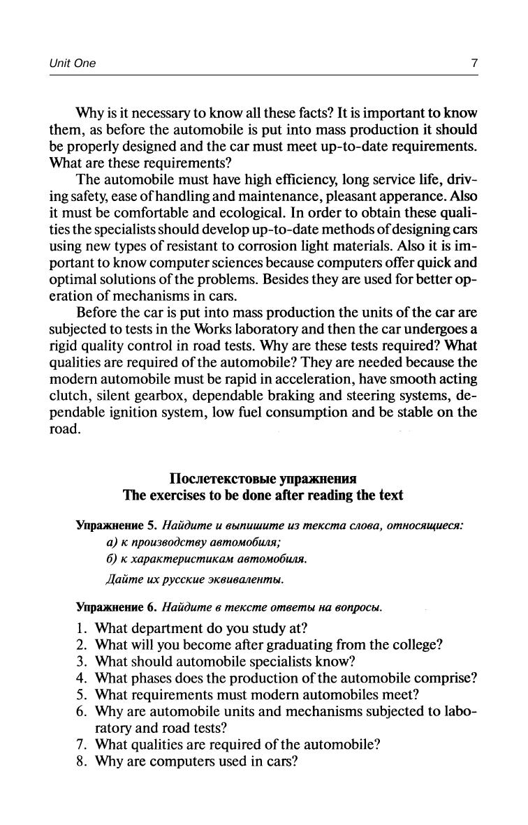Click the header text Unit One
pyautogui.click(x=72, y=64)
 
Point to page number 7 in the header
pyautogui.click(x=474, y=64)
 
